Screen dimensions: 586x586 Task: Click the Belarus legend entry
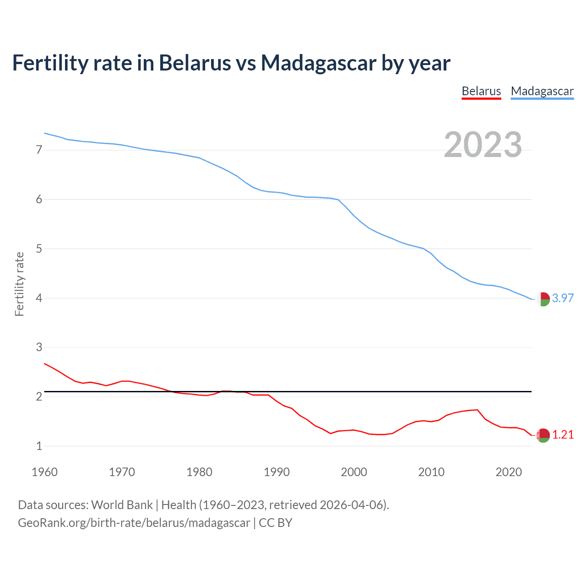click(x=481, y=91)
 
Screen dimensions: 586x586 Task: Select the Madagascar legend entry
click(x=542, y=91)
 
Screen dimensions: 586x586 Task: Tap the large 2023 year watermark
click(x=483, y=145)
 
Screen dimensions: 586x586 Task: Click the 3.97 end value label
click(x=563, y=298)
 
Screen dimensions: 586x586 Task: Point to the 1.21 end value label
click(x=563, y=434)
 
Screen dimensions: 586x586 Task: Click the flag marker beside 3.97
click(x=543, y=299)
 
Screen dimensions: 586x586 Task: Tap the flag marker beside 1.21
click(x=543, y=435)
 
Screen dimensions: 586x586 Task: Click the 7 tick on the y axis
click(x=39, y=150)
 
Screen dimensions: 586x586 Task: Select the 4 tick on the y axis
click(x=39, y=298)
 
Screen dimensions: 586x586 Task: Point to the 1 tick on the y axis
click(x=39, y=446)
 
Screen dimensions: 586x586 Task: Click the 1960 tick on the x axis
click(x=44, y=472)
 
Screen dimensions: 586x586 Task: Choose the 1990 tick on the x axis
click(x=277, y=472)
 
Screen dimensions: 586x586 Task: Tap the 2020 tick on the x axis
click(x=509, y=472)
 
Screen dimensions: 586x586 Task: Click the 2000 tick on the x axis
click(x=354, y=472)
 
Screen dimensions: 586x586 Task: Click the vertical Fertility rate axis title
click(x=19, y=284)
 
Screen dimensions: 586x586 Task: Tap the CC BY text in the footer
click(x=276, y=523)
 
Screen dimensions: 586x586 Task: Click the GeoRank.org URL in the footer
click(x=134, y=523)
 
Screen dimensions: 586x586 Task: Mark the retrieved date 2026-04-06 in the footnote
click(x=351, y=505)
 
